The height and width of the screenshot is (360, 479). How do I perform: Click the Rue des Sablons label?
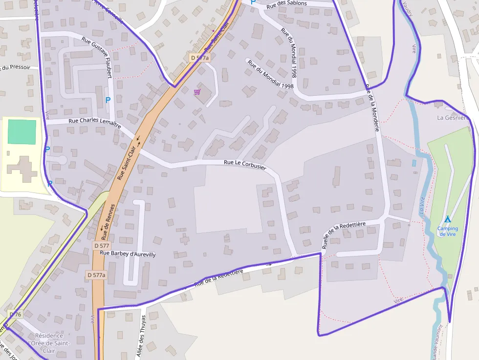click(287, 3)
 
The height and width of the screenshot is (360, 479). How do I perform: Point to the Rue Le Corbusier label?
click(245, 165)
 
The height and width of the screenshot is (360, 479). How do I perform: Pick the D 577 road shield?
click(102, 245)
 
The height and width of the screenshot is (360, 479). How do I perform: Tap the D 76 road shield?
click(16, 314)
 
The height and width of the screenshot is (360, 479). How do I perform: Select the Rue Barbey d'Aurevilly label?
click(128, 254)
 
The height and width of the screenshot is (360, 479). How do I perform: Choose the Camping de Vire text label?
click(448, 231)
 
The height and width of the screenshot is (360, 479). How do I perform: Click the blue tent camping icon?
click(447, 219)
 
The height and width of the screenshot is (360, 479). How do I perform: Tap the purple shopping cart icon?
click(197, 91)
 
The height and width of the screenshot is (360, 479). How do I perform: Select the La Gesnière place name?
click(453, 118)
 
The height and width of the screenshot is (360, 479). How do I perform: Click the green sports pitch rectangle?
click(22, 131)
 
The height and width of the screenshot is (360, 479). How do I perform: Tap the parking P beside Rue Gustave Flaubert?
click(108, 100)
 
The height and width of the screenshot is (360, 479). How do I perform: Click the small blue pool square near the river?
click(414, 163)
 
